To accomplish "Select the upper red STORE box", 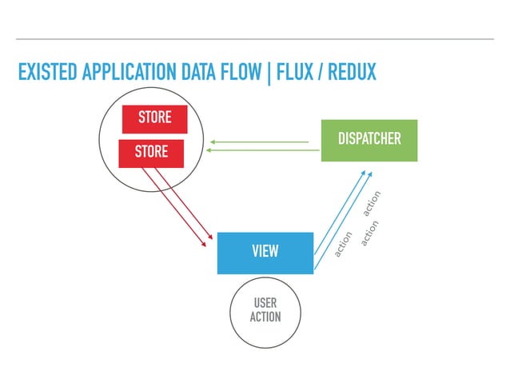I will [x=154, y=118].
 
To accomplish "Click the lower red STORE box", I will [x=150, y=153].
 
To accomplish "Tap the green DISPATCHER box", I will [x=369, y=140].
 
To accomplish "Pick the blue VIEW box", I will [x=265, y=253].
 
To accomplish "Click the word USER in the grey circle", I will [x=265, y=304].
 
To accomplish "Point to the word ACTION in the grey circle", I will [x=265, y=317].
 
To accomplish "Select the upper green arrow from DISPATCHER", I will [x=260, y=142].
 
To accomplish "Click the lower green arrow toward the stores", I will [x=260, y=150].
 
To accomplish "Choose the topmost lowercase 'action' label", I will [x=372, y=205].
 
